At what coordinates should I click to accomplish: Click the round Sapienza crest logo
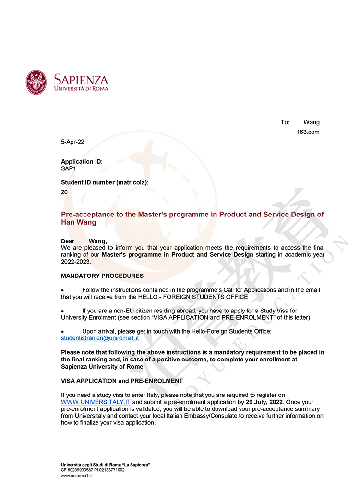(x=36, y=82)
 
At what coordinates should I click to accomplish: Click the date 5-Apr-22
(x=72, y=142)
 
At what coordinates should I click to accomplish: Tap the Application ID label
(x=82, y=162)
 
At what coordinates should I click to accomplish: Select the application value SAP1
(x=68, y=169)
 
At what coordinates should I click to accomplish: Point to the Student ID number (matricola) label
(x=105, y=182)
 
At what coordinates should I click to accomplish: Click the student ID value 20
(x=64, y=192)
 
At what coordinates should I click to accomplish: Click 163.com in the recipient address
(x=308, y=132)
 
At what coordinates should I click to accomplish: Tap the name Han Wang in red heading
(x=79, y=223)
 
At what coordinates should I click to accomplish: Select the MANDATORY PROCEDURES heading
(x=102, y=276)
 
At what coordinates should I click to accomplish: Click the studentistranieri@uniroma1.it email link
(x=100, y=338)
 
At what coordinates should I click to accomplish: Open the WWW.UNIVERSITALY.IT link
(x=96, y=402)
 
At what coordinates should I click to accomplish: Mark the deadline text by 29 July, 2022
(x=260, y=402)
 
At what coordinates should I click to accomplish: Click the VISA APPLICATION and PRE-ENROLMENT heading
(x=122, y=381)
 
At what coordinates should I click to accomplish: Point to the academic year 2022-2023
(x=76, y=262)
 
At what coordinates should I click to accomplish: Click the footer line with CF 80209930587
(x=93, y=470)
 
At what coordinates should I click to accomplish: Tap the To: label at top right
(x=285, y=122)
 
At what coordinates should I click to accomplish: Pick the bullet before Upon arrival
(x=62, y=332)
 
